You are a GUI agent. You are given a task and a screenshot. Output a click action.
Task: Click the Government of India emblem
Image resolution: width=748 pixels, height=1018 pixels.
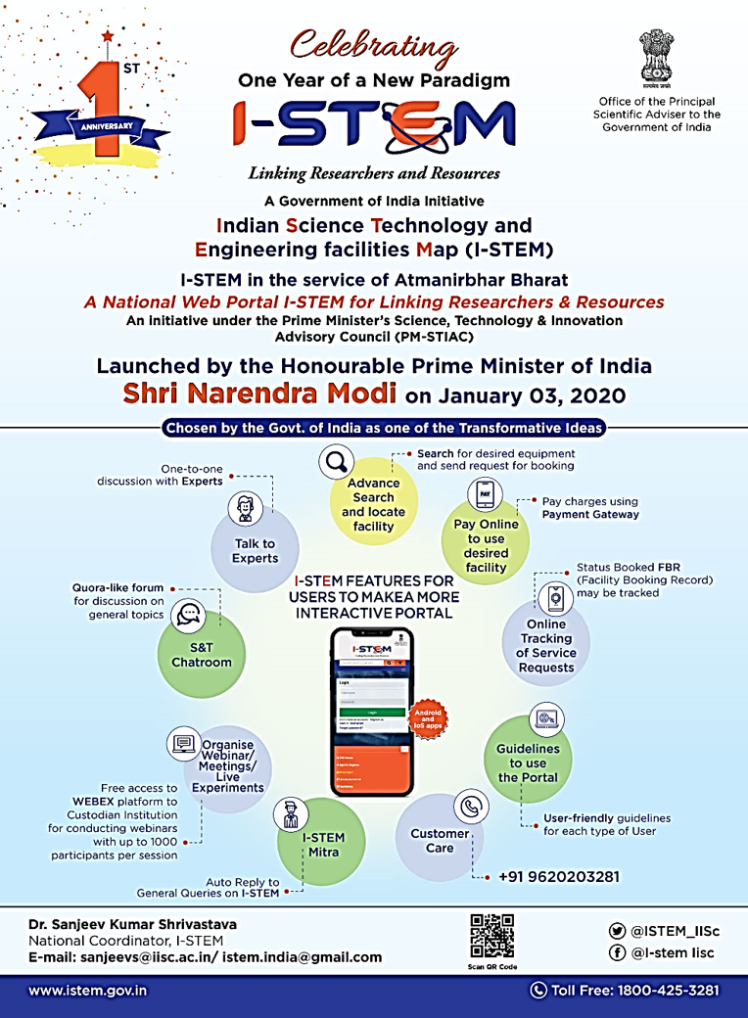(657, 59)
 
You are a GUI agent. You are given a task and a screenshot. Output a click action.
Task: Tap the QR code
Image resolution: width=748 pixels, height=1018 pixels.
(491, 936)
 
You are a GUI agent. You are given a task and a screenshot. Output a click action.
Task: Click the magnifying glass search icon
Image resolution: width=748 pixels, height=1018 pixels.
(338, 460)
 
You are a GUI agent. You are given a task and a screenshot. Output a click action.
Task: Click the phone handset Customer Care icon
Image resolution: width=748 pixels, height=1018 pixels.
(471, 807)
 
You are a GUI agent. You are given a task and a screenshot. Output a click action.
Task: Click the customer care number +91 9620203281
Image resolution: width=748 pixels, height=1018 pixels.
(558, 876)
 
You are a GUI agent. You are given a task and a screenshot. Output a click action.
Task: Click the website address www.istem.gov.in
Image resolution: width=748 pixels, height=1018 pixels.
(88, 990)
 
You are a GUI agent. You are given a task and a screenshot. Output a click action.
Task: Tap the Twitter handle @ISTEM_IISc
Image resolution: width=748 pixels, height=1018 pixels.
(671, 931)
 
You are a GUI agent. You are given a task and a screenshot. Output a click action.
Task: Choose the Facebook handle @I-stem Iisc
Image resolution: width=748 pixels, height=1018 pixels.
(672, 952)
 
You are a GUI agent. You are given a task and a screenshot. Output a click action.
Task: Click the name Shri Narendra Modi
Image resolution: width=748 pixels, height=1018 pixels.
(259, 393)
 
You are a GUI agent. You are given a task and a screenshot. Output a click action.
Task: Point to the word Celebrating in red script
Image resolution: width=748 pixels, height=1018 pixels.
(373, 46)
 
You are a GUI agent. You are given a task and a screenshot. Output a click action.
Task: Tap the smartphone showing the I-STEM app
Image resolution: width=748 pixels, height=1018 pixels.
(371, 712)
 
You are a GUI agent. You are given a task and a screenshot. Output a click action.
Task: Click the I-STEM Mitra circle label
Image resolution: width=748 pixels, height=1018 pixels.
(322, 844)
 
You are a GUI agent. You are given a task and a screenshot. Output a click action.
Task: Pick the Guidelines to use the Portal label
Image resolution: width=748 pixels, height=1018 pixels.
(528, 763)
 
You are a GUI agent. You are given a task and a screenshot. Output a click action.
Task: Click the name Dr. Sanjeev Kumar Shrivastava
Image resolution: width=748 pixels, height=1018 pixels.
(132, 924)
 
